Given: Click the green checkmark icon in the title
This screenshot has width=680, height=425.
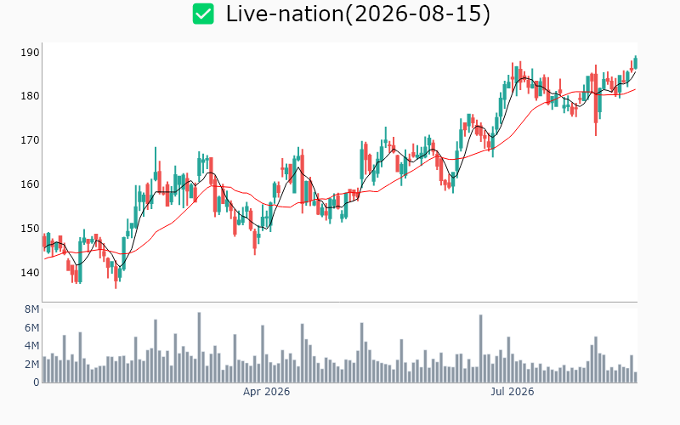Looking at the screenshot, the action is tap(203, 14).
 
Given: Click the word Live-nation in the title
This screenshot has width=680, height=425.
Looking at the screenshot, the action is tap(285, 14).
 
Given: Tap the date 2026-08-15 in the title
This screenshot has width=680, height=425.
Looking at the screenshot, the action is tap(417, 14).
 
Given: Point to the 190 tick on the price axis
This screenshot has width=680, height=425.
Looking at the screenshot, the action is tap(30, 53).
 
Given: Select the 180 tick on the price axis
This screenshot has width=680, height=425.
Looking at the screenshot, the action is tap(30, 96).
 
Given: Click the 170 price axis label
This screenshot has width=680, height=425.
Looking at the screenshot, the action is tap(30, 140).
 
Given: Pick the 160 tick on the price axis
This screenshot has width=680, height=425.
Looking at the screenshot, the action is tap(30, 184).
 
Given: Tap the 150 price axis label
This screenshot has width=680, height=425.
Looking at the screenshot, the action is tap(30, 228).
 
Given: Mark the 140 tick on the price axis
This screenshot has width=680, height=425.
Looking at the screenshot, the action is tap(30, 272).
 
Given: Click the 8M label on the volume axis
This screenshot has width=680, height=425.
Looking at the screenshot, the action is tap(32, 309).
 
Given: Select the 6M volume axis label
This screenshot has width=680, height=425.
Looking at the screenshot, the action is tap(32, 327).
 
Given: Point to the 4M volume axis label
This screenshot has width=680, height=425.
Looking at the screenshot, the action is tap(32, 346).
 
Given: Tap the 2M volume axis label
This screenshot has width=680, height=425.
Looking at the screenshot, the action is tap(32, 364).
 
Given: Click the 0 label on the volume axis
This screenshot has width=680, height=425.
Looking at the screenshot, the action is tap(37, 382).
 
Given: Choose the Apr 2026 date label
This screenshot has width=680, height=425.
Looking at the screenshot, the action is tap(266, 392).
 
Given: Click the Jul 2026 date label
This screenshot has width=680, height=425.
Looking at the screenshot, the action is tap(513, 392).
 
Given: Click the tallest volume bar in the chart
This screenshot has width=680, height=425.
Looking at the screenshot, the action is tap(199, 348).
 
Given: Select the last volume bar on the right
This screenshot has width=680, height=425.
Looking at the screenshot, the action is tap(636, 377).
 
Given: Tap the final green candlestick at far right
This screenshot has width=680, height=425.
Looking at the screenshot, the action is tap(636, 63).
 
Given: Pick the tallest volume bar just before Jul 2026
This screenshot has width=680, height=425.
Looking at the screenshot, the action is tap(480, 348).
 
